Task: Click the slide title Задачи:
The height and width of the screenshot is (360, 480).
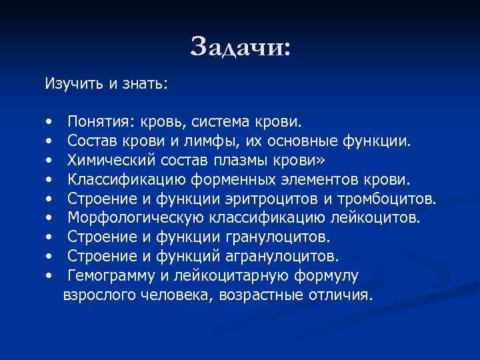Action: pos(240,47)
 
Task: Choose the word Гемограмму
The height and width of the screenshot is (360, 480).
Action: pos(114,276)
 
